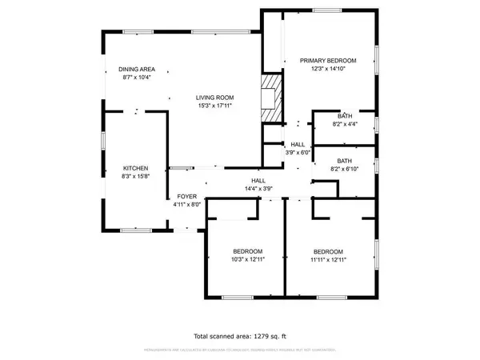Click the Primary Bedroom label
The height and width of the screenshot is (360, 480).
(328, 61)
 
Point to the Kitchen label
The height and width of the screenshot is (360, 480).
(135, 168)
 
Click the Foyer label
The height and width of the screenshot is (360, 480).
(186, 196)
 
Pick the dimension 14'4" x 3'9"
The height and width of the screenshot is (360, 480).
(258, 189)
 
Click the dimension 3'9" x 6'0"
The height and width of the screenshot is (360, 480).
(298, 152)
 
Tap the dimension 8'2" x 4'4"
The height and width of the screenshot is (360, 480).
(345, 124)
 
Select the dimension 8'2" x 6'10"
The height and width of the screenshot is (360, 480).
(345, 169)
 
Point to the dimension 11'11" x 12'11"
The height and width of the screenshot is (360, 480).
(328, 259)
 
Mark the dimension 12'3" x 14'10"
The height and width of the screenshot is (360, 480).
(328, 70)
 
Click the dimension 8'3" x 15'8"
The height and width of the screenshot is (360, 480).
(135, 177)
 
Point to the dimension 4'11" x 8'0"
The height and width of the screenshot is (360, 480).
(186, 205)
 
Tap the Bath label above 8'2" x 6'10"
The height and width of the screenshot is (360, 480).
(345, 160)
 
